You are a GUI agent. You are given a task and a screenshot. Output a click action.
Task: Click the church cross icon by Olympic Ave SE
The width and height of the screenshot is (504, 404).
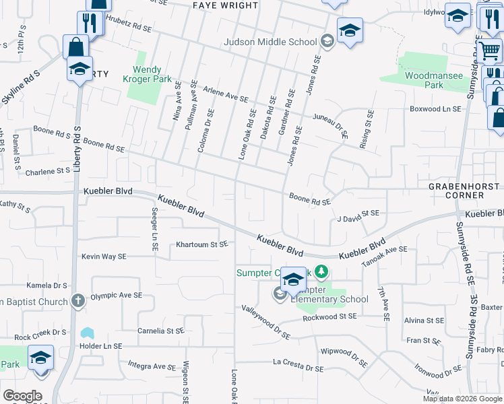[78, 300]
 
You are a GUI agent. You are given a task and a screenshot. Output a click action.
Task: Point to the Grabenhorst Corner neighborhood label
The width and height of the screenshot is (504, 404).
[456, 190]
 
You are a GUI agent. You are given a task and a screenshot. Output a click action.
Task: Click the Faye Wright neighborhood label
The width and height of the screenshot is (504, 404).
[225, 5]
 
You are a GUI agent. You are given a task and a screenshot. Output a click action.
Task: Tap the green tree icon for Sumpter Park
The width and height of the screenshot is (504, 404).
[322, 272]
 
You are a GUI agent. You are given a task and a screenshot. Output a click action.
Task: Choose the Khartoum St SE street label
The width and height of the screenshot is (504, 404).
[202, 244]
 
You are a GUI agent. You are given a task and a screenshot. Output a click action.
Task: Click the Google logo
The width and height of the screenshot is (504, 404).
[22, 395]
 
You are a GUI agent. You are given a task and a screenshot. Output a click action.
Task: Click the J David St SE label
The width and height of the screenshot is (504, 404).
[358, 215]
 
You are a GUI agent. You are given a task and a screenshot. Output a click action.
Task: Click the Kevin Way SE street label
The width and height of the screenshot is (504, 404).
[104, 257]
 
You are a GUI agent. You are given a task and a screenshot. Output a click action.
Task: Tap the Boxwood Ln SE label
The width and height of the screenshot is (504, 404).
[436, 108]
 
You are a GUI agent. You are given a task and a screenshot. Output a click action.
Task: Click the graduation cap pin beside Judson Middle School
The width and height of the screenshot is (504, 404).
[350, 30]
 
